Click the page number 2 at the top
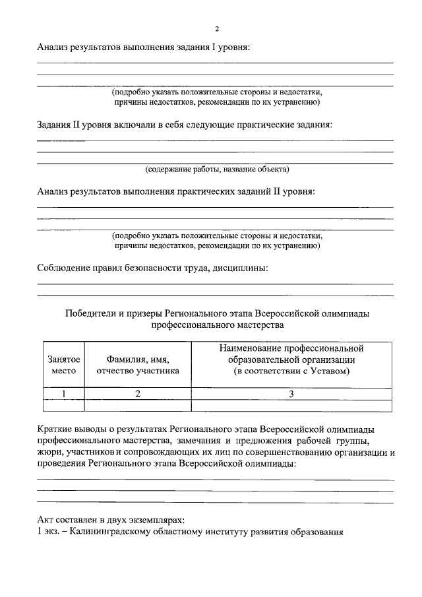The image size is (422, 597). pyautogui.click(x=217, y=28)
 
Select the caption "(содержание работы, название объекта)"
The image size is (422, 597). pyautogui.click(x=217, y=170)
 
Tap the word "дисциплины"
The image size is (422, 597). pyautogui.click(x=243, y=268)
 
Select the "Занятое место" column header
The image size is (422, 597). pyautogui.click(x=64, y=365)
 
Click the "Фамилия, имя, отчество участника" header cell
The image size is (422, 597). pyautogui.click(x=138, y=365)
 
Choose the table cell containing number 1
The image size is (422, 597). pyautogui.click(x=64, y=394)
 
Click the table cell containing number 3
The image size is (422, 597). pyautogui.click(x=291, y=394)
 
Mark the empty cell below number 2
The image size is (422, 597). pyautogui.click(x=138, y=406)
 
